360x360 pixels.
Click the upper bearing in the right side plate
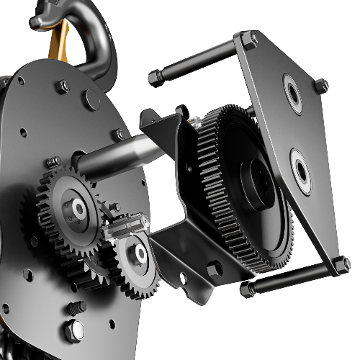294,94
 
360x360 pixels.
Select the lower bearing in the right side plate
300,171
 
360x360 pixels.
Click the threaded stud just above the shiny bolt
76,307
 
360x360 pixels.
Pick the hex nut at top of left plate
63,86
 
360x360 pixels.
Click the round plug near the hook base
90,102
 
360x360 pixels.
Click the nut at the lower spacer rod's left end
246,289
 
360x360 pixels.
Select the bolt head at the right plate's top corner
249,40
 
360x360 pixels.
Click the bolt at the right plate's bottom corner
341,264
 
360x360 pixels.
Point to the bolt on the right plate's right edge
321,86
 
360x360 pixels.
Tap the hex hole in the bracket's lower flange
214,269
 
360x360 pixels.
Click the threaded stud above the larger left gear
54,162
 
